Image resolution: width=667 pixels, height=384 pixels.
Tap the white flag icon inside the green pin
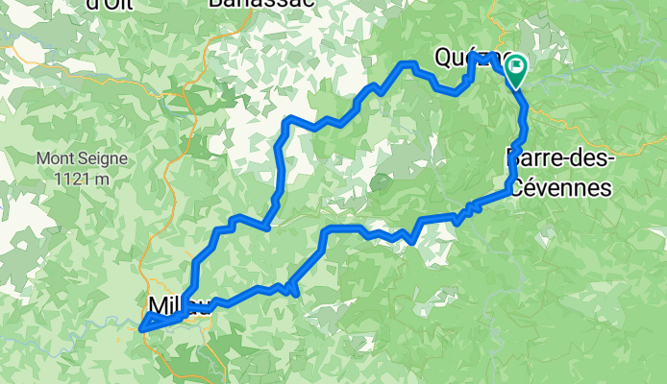517,66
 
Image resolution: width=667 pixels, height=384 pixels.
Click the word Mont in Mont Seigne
55,158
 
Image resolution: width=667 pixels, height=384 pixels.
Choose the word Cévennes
560,188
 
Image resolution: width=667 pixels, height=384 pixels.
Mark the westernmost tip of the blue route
141,329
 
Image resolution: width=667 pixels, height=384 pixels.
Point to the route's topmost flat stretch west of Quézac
410,63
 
